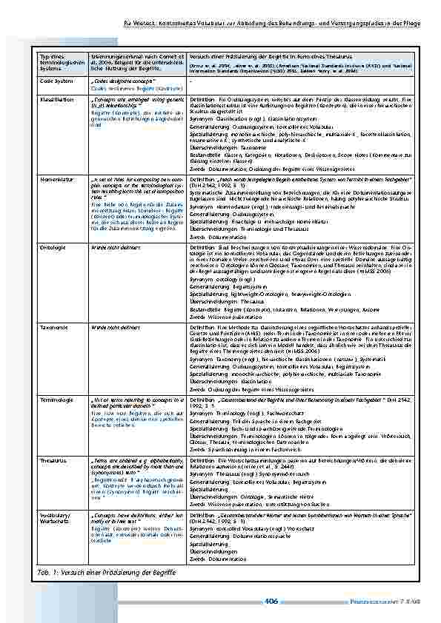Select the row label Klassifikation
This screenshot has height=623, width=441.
(x=56, y=98)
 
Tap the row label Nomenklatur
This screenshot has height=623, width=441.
(x=56, y=180)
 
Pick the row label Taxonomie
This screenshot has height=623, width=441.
(x=53, y=325)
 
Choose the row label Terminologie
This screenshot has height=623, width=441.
(x=56, y=400)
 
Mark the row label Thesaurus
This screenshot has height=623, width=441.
(x=53, y=459)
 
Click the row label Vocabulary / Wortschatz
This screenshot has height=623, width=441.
(x=56, y=516)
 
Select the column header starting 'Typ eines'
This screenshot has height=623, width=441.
(x=59, y=63)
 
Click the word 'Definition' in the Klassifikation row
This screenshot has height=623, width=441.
(x=203, y=98)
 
